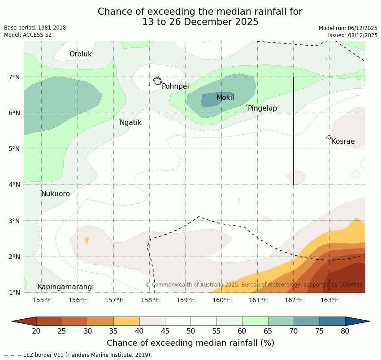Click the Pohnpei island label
tap(175, 86)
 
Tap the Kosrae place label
tap(343, 141)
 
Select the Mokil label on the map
tap(225, 98)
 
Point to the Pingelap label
tap(262, 108)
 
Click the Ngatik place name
tap(130, 123)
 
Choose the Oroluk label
tap(80, 54)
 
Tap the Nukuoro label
tap(56, 194)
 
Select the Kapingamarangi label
tap(65, 287)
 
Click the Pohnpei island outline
tap(157, 81)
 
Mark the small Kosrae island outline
tap(329, 137)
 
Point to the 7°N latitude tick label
tap(14, 77)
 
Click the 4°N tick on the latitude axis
tap(14, 184)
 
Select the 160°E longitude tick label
tap(221, 300)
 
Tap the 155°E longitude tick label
tap(42, 300)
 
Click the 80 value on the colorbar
tap(345, 331)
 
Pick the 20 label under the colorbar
tap(36, 331)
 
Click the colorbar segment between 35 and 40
tap(126, 321)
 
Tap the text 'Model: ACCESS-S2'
tap(28, 35)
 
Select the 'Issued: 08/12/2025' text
tap(352, 35)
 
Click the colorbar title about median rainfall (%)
tap(190, 343)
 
